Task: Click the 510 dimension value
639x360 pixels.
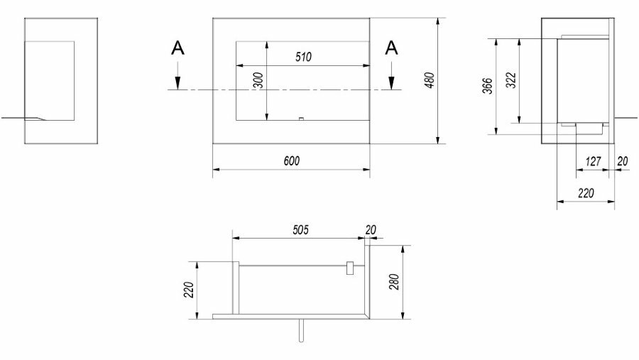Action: click(303, 57)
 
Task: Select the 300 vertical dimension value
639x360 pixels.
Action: click(258, 80)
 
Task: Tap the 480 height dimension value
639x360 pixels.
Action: click(430, 80)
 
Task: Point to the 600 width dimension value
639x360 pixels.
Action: click(292, 161)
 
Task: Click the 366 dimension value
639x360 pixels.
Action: click(487, 86)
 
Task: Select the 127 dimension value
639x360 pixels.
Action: click(593, 162)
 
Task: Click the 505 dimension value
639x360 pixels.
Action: click(301, 230)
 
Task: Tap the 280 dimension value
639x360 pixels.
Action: click(394, 282)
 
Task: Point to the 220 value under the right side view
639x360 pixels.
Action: click(586, 193)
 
